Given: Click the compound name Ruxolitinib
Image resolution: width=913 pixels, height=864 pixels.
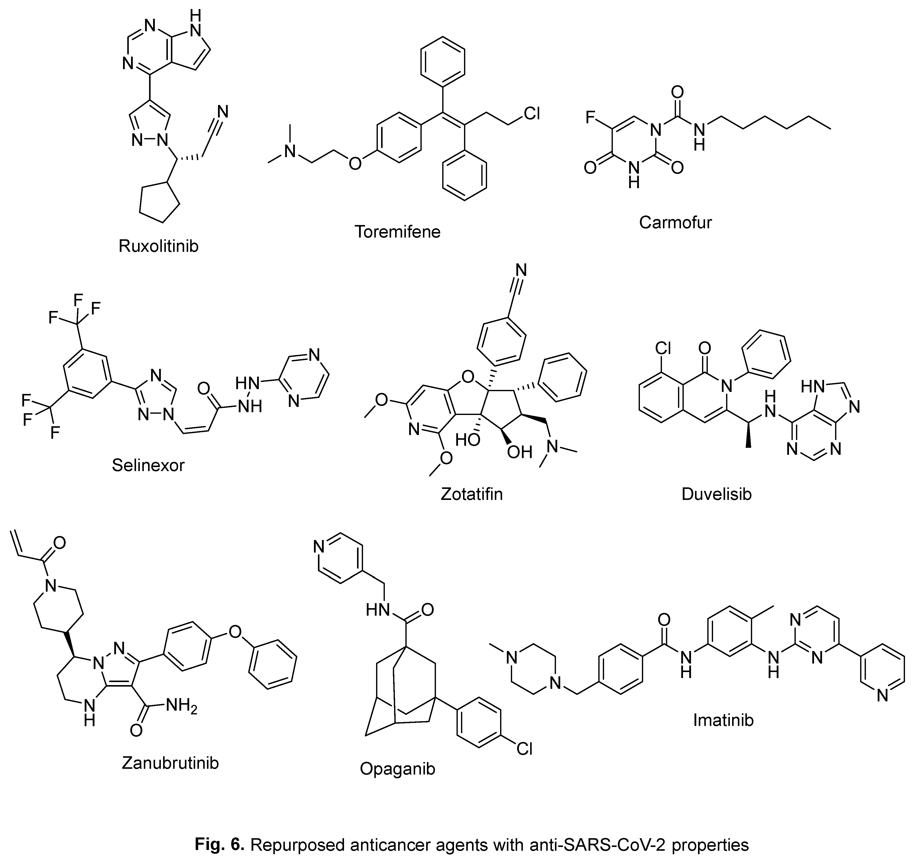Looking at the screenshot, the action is (x=158, y=246).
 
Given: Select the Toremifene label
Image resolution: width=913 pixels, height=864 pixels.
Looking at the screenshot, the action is (x=397, y=232).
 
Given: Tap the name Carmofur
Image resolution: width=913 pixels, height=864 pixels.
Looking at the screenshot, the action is (x=675, y=223).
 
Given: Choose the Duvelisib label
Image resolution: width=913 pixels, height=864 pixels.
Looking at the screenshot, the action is (x=716, y=494).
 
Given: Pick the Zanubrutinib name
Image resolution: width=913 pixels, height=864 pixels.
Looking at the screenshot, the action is (x=170, y=763).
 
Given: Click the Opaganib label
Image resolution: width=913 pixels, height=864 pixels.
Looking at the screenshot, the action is (x=397, y=769).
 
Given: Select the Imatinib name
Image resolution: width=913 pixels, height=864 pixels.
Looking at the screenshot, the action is (x=723, y=720).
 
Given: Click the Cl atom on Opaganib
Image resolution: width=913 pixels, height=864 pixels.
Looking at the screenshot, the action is (x=524, y=749).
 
